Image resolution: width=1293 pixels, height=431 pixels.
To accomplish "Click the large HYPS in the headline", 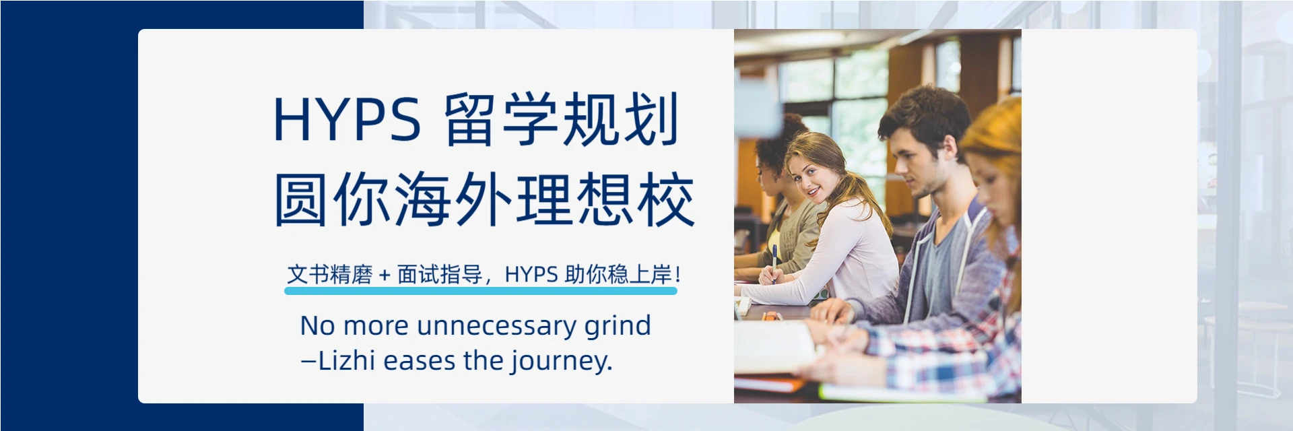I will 347,120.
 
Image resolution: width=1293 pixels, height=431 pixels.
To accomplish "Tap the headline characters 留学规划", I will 561,120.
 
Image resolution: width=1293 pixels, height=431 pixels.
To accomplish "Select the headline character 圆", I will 301,200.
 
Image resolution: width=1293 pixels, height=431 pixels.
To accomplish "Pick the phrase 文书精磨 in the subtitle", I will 329,275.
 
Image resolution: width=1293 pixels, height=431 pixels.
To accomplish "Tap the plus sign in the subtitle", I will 385,275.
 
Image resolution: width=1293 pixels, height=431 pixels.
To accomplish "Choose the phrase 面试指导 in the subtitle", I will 440,275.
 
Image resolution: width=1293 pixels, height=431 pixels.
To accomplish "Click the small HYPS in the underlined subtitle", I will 531,275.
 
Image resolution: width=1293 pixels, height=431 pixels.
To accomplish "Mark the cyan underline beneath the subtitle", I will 480,291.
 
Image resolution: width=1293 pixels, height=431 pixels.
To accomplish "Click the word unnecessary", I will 497,326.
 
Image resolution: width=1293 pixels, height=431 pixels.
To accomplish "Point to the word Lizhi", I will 346,361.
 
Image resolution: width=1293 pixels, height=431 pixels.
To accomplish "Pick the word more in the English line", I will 376,327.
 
